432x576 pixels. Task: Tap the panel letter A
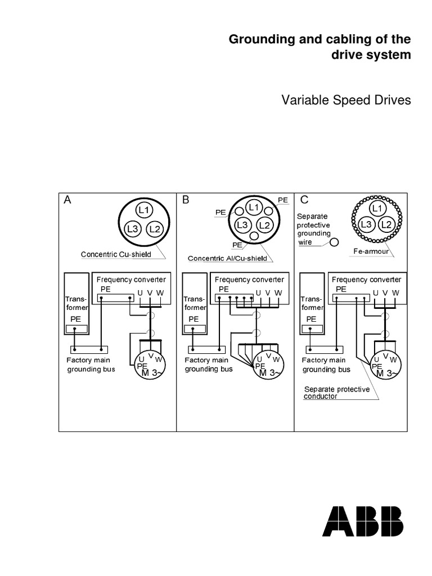click(x=67, y=200)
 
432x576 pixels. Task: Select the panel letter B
click(x=186, y=200)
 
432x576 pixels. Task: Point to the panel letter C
click(x=304, y=200)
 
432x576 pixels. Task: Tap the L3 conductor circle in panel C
click(x=367, y=224)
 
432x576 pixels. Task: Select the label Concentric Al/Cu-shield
click(x=227, y=259)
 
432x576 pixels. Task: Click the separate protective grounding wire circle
click(x=334, y=242)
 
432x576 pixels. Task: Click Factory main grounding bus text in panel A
click(x=89, y=364)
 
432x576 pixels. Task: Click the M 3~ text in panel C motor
click(x=388, y=373)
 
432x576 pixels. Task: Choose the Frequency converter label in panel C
click(x=366, y=279)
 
